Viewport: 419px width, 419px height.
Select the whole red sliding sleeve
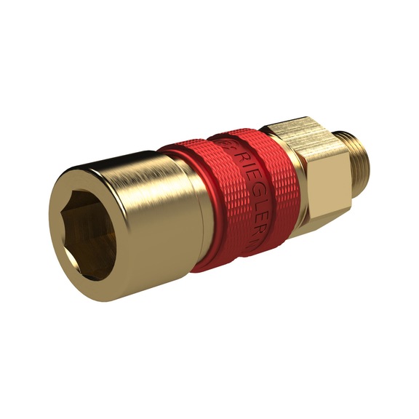point(233,196)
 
